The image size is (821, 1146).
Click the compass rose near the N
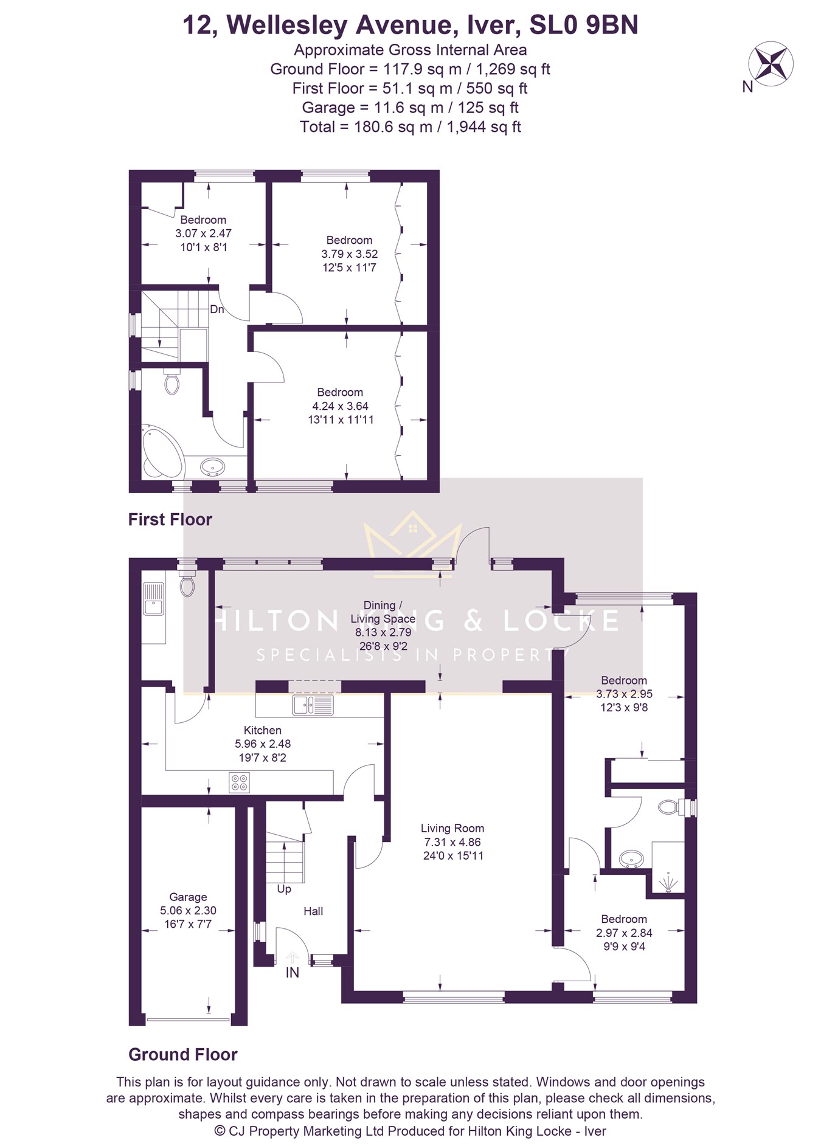[770, 63]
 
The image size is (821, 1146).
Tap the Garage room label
[188, 897]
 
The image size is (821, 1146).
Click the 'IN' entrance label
[293, 973]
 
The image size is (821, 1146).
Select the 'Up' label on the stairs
[284, 889]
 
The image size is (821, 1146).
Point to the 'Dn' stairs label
[217, 309]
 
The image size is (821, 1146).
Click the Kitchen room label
[263, 730]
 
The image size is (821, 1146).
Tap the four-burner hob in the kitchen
[239, 782]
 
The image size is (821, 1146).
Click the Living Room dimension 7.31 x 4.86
[452, 842]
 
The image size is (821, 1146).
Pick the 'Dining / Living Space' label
[383, 612]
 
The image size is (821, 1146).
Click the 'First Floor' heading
[170, 520]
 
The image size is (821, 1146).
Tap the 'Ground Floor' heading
[182, 1055]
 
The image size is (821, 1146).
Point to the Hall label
[313, 911]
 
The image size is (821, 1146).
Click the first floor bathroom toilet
[172, 381]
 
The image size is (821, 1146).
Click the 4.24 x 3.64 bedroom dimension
[340, 406]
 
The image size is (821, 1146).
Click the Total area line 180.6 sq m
[410, 127]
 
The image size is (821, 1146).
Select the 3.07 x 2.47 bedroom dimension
[203, 233]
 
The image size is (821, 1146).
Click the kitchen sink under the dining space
[313, 705]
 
